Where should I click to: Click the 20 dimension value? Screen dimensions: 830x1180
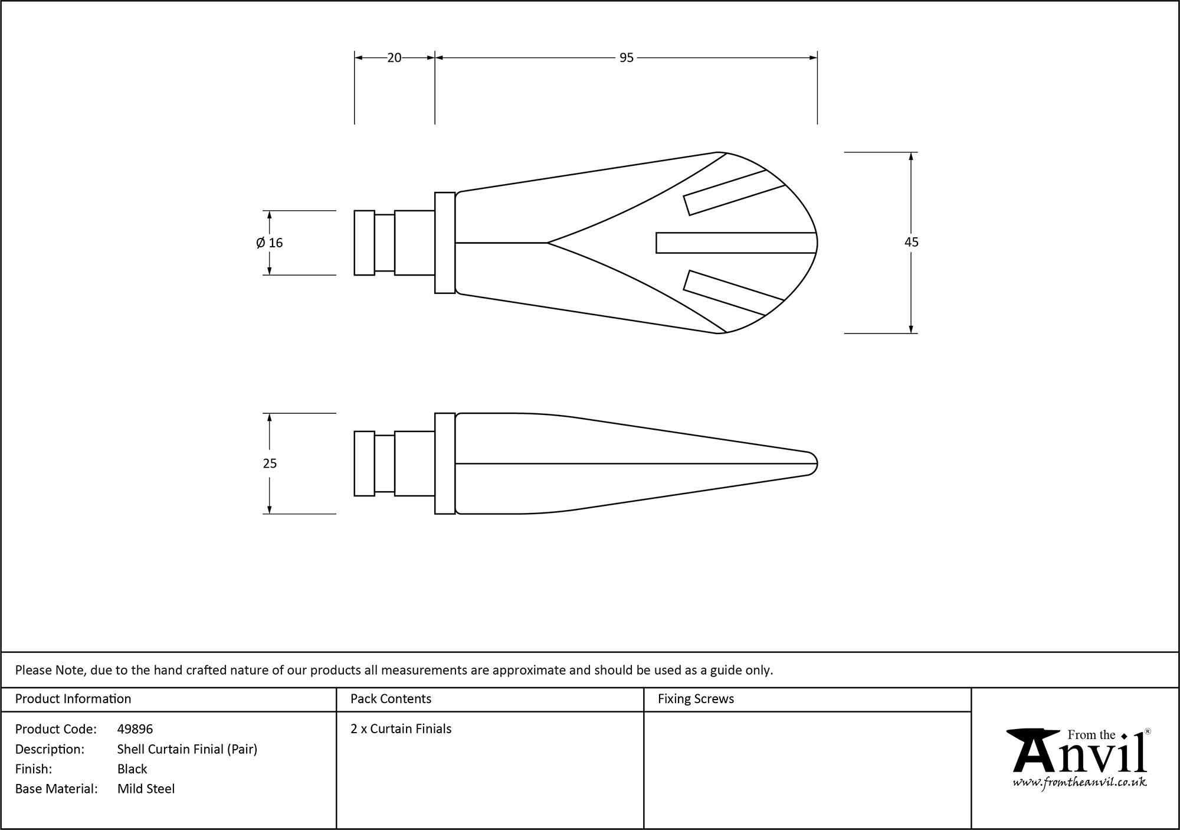click(x=394, y=58)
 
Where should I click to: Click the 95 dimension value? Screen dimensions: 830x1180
click(x=626, y=58)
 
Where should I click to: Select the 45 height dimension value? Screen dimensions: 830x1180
click(x=912, y=242)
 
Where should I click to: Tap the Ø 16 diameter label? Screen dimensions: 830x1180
click(x=270, y=243)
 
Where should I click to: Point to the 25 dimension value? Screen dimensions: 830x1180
click(x=270, y=463)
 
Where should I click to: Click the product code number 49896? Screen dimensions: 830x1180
click(x=135, y=729)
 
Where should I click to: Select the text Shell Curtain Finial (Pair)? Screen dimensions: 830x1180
click(x=187, y=749)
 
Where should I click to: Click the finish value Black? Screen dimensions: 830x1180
click(x=132, y=769)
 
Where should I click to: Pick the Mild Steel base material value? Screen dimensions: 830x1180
click(x=146, y=789)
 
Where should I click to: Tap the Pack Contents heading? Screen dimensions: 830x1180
click(x=391, y=699)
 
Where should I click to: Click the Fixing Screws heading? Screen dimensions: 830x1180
click(x=696, y=699)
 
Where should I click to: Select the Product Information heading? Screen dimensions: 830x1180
click(x=73, y=699)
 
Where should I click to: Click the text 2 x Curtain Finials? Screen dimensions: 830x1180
click(x=401, y=729)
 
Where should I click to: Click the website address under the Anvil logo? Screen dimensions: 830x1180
click(x=1079, y=782)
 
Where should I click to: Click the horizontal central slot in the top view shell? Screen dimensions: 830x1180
click(x=735, y=243)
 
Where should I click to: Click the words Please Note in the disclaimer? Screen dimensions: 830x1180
click(x=51, y=670)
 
